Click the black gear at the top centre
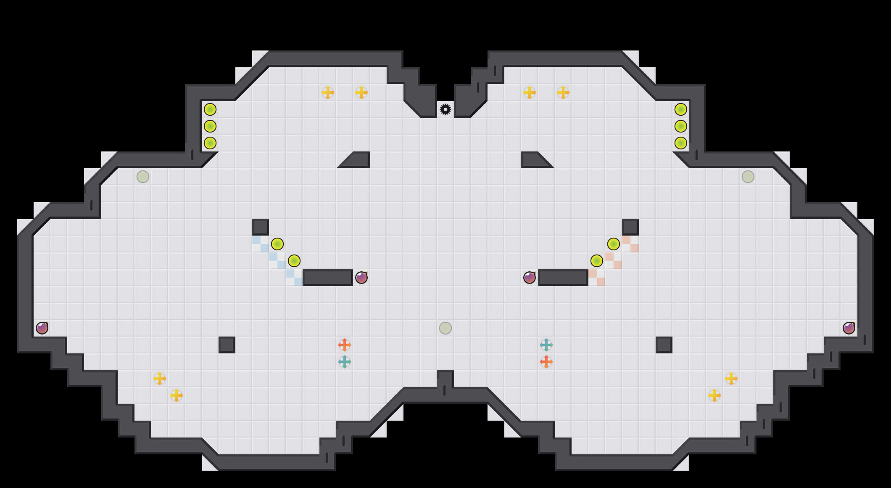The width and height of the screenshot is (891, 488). [445, 109]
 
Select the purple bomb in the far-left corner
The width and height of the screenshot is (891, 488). [42, 328]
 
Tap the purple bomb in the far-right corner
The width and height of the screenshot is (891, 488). [849, 328]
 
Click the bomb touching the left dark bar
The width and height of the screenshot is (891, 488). [361, 278]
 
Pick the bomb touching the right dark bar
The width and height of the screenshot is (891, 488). [530, 278]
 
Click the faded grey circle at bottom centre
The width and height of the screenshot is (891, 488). [445, 328]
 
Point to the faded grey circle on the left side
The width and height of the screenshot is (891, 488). [143, 177]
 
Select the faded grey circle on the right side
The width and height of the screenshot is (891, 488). [748, 177]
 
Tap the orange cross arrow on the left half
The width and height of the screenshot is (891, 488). [345, 345]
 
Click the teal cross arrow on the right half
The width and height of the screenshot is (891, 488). [546, 345]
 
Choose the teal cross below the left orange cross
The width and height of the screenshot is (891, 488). [345, 362]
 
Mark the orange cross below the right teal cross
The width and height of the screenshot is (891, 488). [546, 362]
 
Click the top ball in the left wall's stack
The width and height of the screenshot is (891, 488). [210, 109]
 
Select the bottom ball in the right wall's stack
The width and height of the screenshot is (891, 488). [681, 143]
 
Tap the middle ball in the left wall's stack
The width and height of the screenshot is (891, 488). [210, 126]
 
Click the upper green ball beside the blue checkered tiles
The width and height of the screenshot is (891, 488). [277, 244]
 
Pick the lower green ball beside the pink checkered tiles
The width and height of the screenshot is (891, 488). [597, 261]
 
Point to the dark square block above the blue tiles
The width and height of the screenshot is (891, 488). [261, 227]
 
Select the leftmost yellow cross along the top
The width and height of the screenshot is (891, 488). [328, 93]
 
